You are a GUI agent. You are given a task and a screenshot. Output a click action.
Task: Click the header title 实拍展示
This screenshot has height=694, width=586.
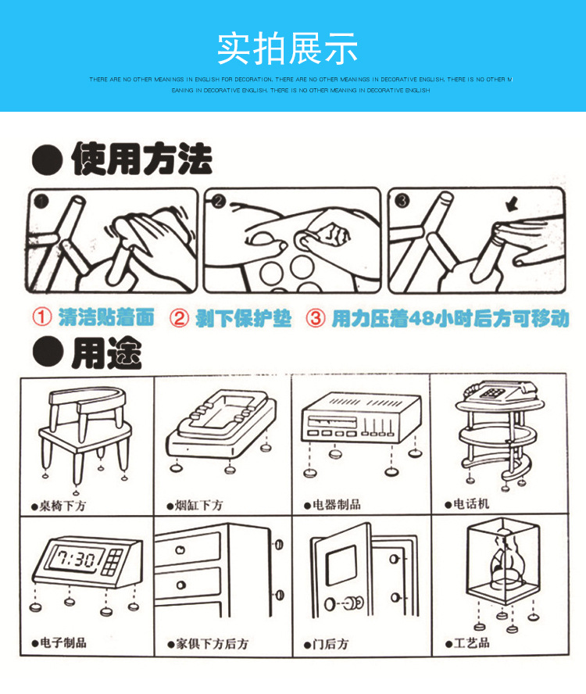tap(288, 48)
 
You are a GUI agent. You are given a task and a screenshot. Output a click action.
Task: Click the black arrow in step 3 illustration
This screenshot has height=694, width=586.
tap(511, 206)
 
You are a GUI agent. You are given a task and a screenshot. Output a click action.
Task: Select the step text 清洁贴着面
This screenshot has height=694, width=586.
tap(106, 318)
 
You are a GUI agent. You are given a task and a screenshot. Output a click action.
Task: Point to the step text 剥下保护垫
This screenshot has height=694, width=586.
tap(243, 319)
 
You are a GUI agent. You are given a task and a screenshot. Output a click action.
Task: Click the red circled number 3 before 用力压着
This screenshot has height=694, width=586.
tap(315, 319)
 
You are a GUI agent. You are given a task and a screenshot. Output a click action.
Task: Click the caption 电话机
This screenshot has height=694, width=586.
tap(471, 504)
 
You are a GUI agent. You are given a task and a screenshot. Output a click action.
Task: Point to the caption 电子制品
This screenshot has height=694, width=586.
tap(63, 642)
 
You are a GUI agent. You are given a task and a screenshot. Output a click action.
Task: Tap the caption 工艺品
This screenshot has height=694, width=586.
tap(471, 642)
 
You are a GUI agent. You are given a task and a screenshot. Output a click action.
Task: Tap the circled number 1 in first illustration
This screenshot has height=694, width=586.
tap(41, 201)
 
